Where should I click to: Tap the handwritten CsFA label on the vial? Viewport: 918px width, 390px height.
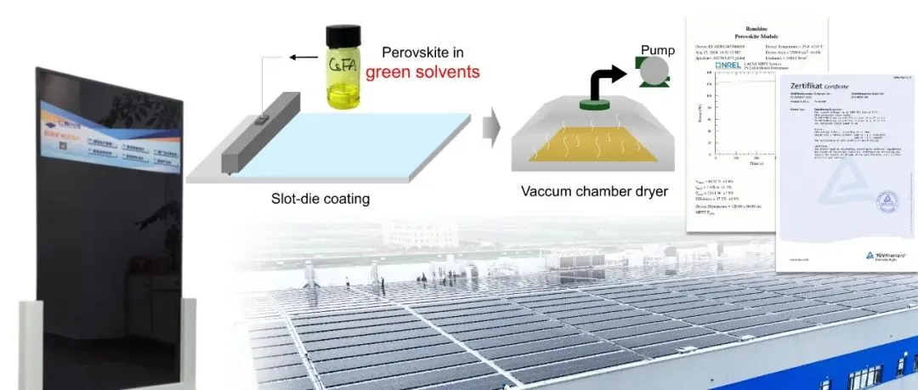[342, 66]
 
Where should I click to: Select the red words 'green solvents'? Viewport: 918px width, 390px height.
[422, 73]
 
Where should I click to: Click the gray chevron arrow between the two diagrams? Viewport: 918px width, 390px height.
[491, 130]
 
